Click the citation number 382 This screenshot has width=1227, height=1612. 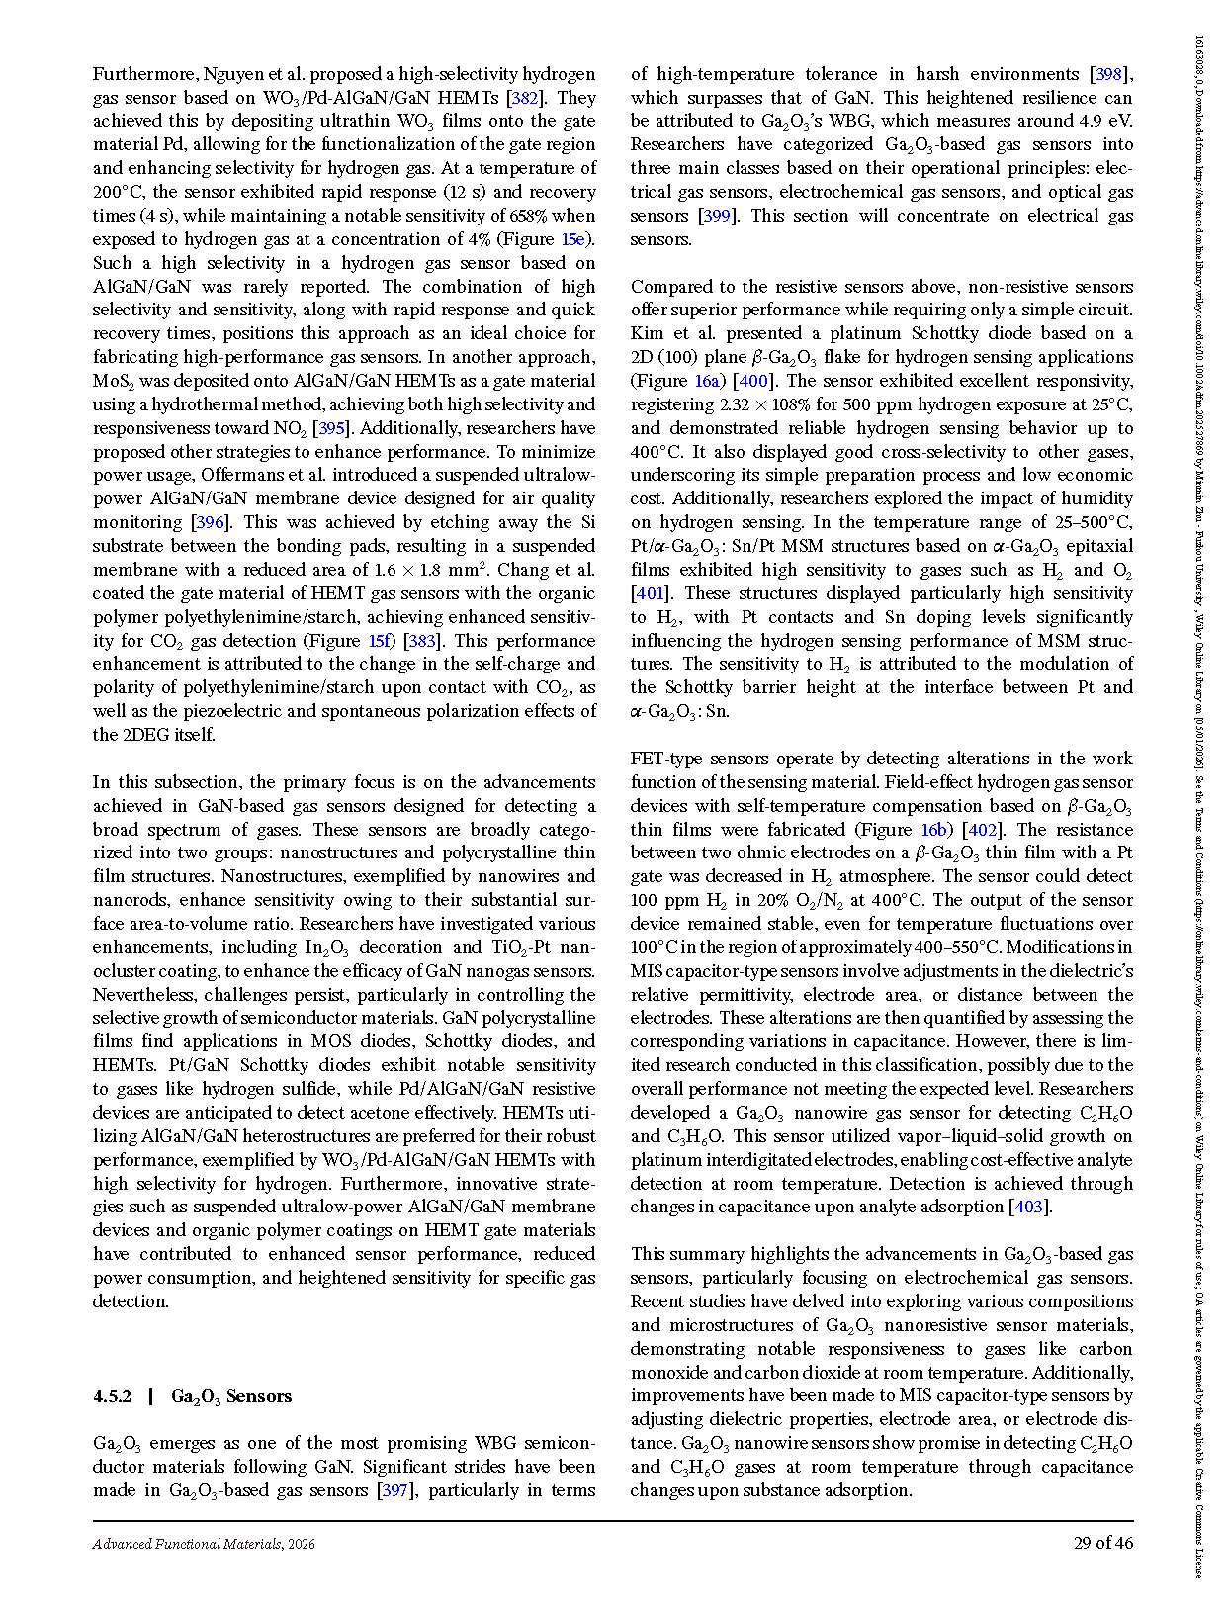525,98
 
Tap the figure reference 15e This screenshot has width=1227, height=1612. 572,239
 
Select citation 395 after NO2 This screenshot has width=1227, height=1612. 331,428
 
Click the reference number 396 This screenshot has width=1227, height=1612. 211,522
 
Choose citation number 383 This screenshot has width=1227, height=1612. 422,641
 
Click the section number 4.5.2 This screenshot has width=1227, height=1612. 112,1396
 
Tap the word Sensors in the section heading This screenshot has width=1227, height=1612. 259,1396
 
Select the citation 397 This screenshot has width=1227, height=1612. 394,1490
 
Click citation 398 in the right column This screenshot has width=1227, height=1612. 1109,74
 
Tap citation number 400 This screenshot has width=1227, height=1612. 753,381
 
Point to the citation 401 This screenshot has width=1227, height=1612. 648,593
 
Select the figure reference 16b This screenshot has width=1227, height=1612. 933,830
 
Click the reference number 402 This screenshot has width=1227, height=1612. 982,830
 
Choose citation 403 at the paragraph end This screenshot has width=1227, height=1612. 1029,1207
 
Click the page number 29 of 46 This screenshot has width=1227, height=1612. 1103,1543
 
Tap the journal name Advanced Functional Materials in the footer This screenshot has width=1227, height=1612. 187,1544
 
